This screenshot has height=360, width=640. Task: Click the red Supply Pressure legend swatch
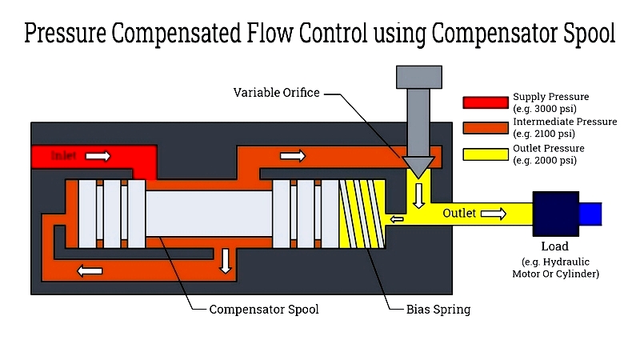(x=486, y=102)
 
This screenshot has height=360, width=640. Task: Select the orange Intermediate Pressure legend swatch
(x=486, y=127)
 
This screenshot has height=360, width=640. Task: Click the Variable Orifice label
(x=276, y=93)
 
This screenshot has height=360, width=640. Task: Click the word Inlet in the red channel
(x=63, y=156)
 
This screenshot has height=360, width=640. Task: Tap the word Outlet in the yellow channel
(x=459, y=214)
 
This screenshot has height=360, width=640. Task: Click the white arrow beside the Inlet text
(x=98, y=156)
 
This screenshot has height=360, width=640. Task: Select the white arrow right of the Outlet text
(x=494, y=214)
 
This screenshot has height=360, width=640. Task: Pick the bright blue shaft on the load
(x=590, y=214)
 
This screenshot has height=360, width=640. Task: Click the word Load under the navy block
(x=555, y=246)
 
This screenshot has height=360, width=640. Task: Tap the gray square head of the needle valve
(x=418, y=77)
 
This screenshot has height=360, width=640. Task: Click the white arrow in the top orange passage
(x=293, y=156)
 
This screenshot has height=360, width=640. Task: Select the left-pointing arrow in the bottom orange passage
(x=90, y=270)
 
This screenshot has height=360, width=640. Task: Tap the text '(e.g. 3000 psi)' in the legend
(x=545, y=108)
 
